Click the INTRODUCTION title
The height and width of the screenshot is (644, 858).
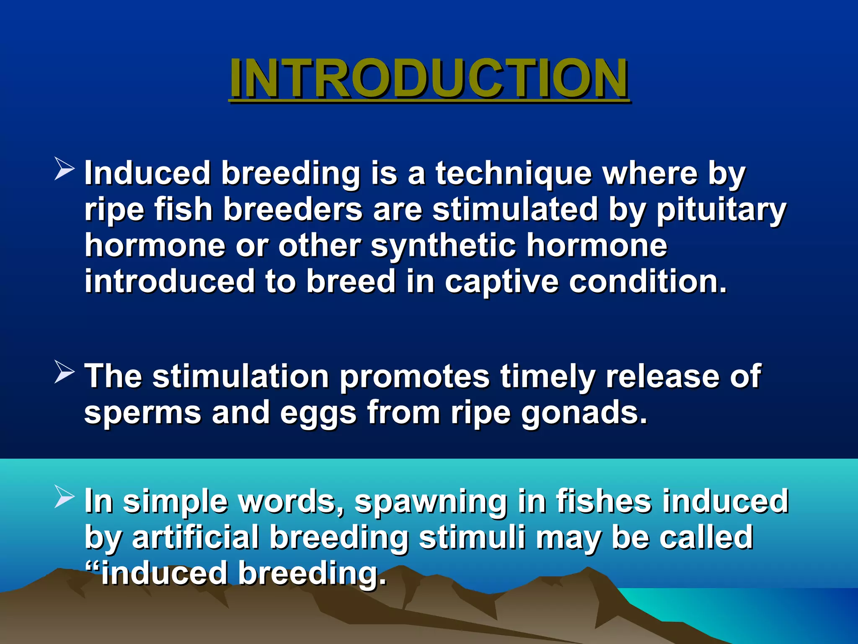click(x=428, y=78)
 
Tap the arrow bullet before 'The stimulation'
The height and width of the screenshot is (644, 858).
click(x=64, y=373)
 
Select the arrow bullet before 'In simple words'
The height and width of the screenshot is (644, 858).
click(x=64, y=498)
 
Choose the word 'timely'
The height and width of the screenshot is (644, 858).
click(x=548, y=376)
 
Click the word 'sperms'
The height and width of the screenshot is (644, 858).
click(x=143, y=413)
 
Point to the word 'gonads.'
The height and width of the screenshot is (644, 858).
click(x=584, y=413)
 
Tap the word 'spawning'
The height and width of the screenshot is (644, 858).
click(x=431, y=501)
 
